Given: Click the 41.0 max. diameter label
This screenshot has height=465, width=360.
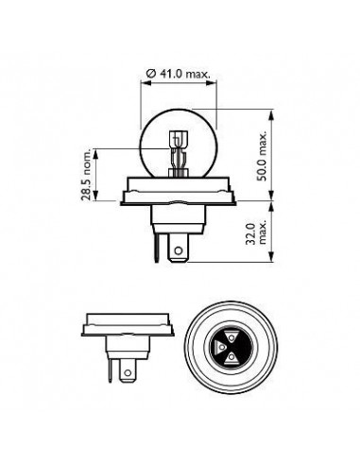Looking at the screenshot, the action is point(179,74).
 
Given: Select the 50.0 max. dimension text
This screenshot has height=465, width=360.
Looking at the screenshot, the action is point(262,156).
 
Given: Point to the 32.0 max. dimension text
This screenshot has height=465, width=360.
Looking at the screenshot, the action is point(255,233).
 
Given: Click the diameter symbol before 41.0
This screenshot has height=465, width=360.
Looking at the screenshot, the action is point(151,74).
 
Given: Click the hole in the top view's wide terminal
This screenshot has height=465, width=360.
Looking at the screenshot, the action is point(179,250).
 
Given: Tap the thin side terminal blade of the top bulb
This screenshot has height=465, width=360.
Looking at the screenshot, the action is point(157,248).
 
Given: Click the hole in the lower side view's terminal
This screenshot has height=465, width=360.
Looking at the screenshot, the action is point(128,372).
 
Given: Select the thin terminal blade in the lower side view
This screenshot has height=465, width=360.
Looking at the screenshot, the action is point(110,370).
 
